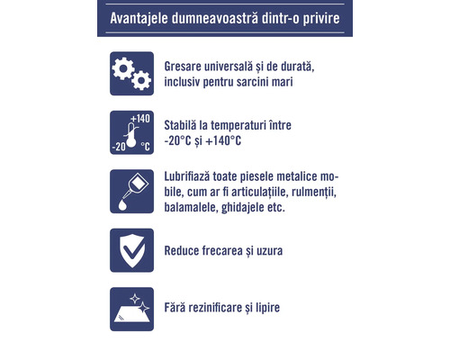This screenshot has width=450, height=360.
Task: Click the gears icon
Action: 130,75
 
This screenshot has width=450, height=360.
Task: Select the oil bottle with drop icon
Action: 130,192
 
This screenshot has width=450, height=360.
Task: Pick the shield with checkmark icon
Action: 130,249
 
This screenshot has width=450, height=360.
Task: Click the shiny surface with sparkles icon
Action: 130,307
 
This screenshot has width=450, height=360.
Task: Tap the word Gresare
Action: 186,67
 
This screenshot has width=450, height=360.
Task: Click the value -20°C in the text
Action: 182,141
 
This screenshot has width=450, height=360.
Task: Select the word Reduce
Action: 184,249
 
